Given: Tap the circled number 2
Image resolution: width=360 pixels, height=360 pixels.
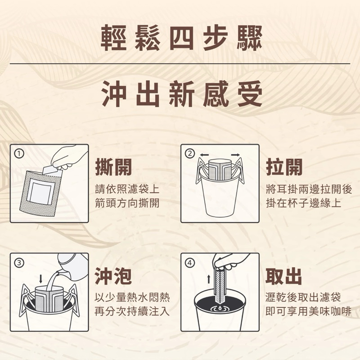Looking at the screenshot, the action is click(x=190, y=153).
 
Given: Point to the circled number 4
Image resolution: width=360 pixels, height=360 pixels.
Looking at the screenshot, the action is click(x=190, y=263).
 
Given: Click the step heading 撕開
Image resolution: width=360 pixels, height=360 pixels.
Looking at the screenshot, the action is click(x=113, y=167).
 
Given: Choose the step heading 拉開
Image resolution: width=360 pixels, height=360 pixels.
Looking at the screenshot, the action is click(x=284, y=167).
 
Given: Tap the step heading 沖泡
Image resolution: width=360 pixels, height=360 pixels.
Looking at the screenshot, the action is click(x=113, y=276).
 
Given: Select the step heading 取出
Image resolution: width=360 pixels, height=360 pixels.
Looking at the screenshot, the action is click(x=284, y=276).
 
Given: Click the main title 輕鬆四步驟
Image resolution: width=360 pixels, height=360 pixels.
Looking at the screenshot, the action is click(x=181, y=38).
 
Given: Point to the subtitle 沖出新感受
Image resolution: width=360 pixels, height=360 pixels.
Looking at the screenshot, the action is click(x=182, y=94).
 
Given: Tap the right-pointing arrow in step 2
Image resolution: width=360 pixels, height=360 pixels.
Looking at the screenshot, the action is click(x=235, y=155).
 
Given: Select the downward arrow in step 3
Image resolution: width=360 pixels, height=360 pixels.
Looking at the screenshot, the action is click(x=41, y=279).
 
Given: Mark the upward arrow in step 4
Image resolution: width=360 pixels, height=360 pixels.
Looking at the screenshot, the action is click(x=209, y=279).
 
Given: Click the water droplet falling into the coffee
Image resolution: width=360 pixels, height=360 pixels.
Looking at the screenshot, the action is click(x=220, y=307).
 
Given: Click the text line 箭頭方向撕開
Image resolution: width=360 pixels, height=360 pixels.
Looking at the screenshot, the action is click(x=127, y=203).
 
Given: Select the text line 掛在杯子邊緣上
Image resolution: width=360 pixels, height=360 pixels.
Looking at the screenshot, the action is click(x=303, y=203).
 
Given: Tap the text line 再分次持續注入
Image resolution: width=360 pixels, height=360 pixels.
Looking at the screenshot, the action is click(x=132, y=311).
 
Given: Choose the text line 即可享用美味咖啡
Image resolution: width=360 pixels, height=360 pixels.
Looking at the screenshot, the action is click(x=308, y=311).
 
